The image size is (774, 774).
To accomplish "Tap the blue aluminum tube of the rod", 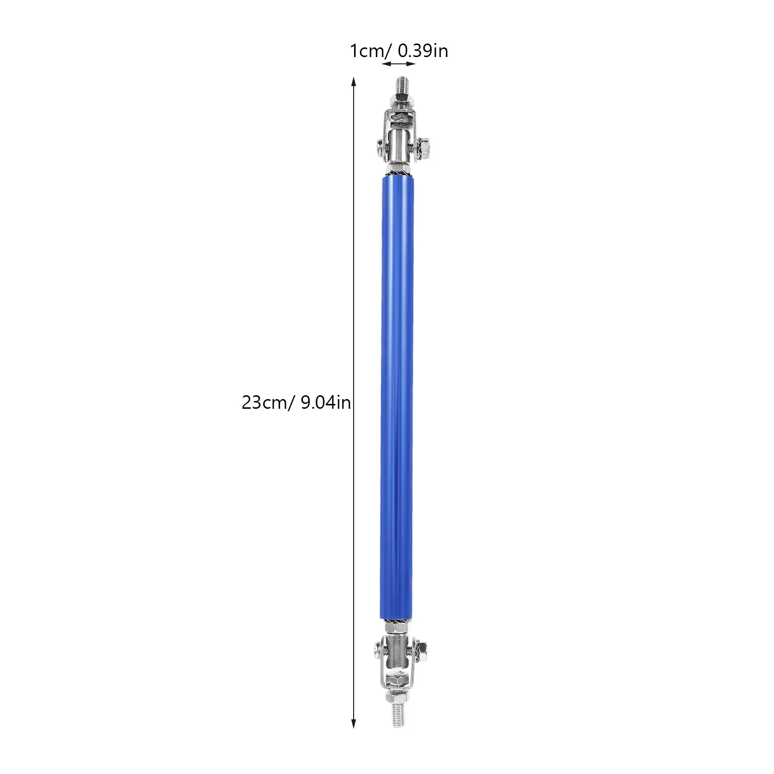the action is pyautogui.click(x=397, y=397).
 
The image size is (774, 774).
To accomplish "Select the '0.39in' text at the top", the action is pyautogui.click(x=423, y=51).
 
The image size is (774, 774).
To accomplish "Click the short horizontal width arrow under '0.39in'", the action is pyautogui.click(x=399, y=63).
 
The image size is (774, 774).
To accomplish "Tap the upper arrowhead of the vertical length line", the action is pyautogui.click(x=354, y=82).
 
